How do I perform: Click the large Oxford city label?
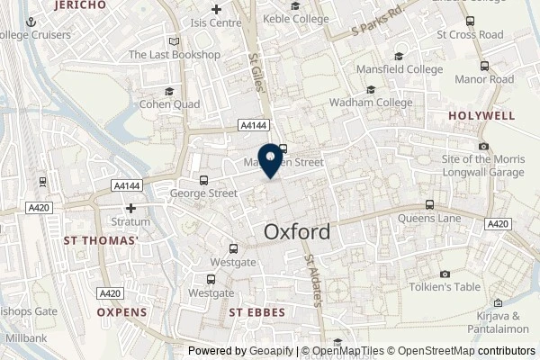[x=297, y=231]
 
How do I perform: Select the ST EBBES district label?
[x=256, y=312]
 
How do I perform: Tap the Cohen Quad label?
[x=168, y=103]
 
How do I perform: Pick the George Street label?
[x=202, y=192]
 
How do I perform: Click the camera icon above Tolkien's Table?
[x=444, y=274]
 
